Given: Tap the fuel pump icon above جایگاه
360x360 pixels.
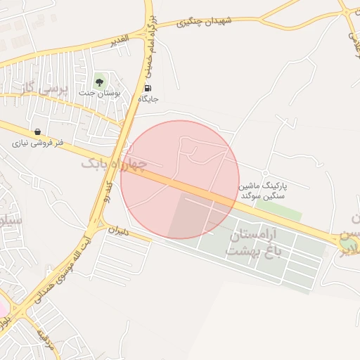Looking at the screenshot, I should click(148, 88).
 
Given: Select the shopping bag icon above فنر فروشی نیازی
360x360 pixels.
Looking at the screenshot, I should click(37, 131).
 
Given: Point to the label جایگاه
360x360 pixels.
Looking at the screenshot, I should click(148, 99).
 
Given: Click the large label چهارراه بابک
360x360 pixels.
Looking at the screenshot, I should click(115, 165).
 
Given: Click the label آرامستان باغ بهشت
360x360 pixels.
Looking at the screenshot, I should click(252, 242).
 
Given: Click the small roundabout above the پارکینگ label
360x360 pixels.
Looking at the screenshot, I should click(264, 173).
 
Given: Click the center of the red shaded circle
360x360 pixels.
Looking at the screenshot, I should click(180, 179).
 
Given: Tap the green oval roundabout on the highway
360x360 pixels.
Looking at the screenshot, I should click(347, 243).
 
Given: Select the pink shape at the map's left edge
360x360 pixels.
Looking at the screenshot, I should click(3, 308).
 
